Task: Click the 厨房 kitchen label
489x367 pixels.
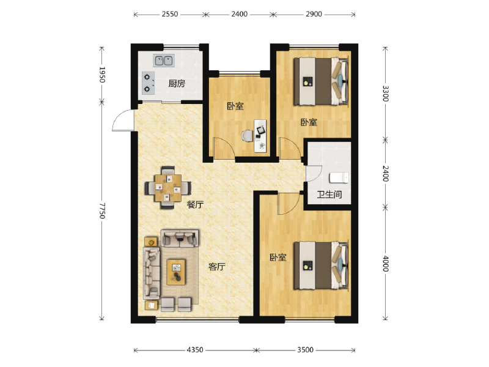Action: point(177,83)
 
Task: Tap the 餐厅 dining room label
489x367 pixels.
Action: point(194,205)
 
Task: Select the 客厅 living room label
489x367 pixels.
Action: point(217,267)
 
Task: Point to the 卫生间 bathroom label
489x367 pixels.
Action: point(329,196)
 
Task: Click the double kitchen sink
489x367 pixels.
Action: point(164,61)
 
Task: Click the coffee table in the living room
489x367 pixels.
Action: point(177,272)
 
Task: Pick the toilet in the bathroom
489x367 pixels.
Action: point(338,178)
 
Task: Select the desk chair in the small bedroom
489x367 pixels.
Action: point(248,136)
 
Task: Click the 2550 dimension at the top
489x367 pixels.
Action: point(169,14)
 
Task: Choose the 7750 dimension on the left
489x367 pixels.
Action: point(103,211)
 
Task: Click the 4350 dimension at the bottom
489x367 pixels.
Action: point(194,350)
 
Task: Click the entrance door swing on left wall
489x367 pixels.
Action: point(122,120)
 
